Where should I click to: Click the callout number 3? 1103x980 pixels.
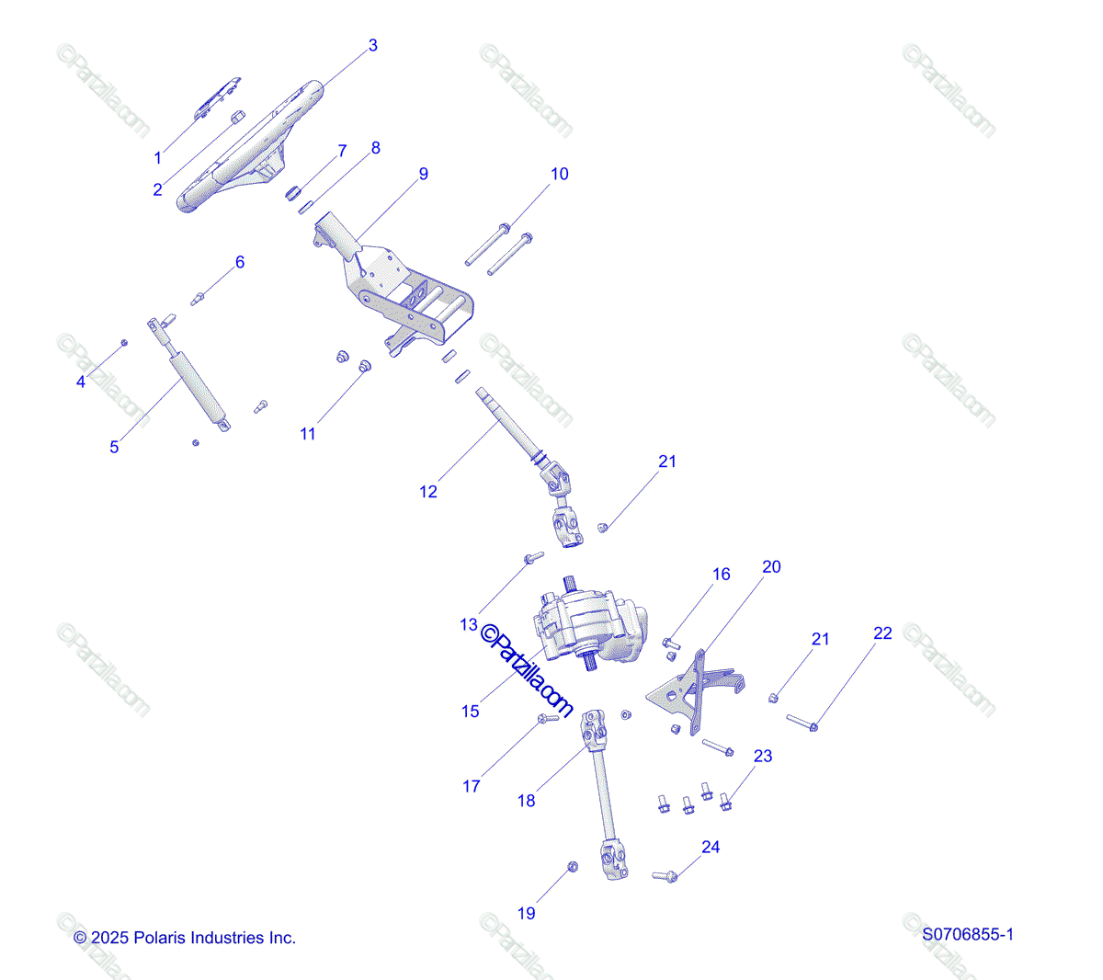(x=372, y=45)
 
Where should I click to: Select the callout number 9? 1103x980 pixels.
(x=423, y=174)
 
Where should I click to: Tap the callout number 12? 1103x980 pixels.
(x=428, y=492)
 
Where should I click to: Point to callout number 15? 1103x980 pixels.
(x=470, y=711)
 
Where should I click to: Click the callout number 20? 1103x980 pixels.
(x=771, y=567)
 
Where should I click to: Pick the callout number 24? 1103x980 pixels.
(x=710, y=847)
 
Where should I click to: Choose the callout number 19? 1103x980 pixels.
(x=526, y=913)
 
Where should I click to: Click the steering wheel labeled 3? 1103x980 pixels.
(x=250, y=147)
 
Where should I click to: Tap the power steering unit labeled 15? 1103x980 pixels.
(x=590, y=625)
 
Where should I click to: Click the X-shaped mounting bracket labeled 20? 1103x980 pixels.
(x=695, y=692)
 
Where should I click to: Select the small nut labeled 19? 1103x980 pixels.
(x=573, y=866)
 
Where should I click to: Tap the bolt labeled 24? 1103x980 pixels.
(x=665, y=876)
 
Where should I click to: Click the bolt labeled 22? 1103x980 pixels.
(x=802, y=723)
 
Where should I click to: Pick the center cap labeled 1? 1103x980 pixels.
(x=217, y=97)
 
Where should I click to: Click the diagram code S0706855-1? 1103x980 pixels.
(x=967, y=934)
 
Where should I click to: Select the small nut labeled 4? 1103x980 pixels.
(x=123, y=343)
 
